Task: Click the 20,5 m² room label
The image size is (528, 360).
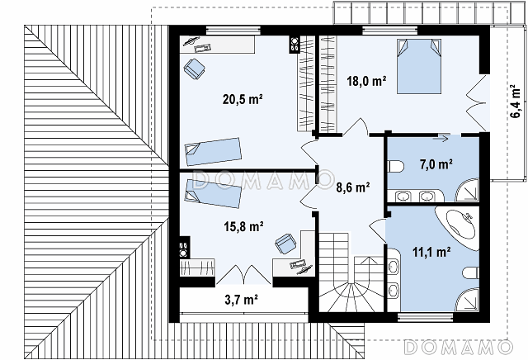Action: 243,99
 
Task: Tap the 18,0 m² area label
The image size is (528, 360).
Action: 366,81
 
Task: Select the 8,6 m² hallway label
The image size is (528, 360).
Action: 353,187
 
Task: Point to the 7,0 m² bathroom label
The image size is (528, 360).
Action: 436,165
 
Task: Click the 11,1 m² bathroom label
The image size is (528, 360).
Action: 432,252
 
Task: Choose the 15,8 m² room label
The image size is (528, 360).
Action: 244,226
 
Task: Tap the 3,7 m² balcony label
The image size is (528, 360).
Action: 242,300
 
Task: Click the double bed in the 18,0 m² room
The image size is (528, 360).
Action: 419,66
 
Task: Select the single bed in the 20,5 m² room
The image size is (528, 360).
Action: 214,151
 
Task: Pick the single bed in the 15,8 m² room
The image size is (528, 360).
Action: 213,193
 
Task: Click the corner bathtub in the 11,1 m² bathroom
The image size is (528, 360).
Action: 458,227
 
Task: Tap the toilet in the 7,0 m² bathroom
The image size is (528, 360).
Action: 396,167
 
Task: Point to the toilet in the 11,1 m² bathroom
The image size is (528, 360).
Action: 471,272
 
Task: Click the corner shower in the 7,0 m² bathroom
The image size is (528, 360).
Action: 468,191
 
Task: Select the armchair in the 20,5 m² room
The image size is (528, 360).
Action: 195,69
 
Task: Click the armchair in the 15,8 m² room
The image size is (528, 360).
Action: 285,244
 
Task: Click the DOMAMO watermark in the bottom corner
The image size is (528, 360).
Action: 458,347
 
